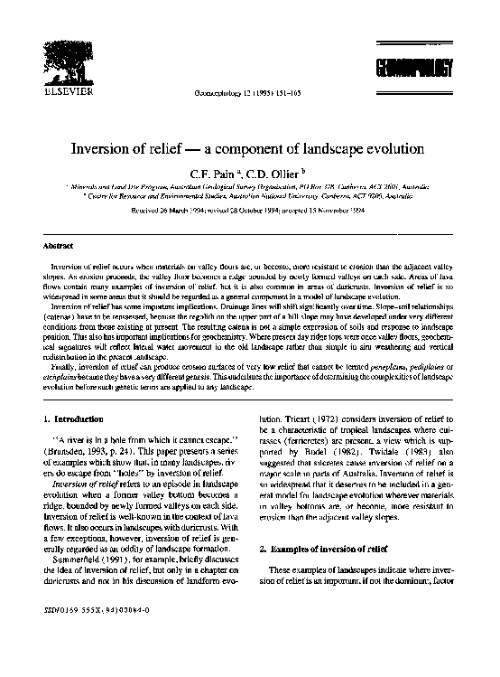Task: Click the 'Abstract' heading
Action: (x=58, y=245)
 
